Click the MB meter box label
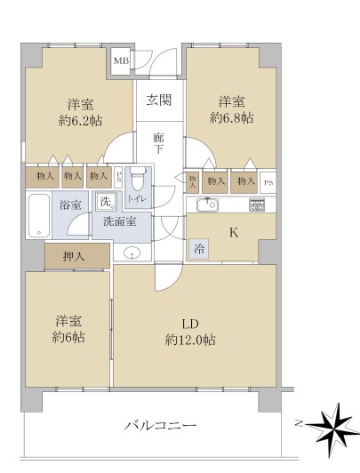[121, 61]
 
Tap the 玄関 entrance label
[159, 100]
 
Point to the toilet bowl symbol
[138, 179]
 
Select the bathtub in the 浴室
[39, 216]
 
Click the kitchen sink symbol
[207, 205]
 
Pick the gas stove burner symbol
[257, 204]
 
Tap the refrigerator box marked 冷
[198, 249]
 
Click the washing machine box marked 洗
[106, 201]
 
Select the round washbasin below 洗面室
[132, 253]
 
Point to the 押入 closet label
[74, 257]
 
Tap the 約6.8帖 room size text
[232, 117]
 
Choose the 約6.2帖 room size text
[80, 121]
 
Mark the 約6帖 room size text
[68, 337]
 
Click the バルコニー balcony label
[160, 426]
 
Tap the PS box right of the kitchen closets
[268, 182]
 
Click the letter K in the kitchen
[234, 233]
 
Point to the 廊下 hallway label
[158, 144]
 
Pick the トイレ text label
[137, 199]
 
